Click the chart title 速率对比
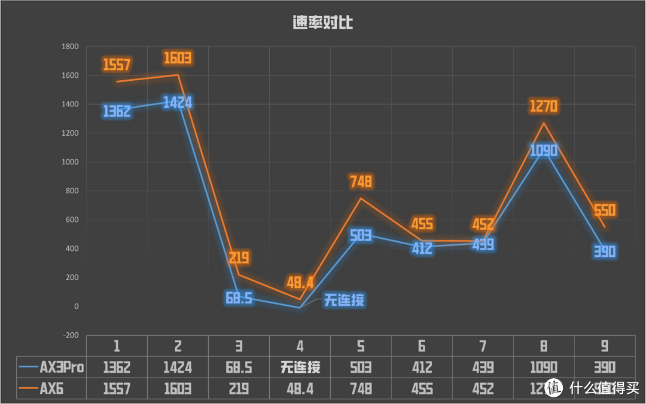pos(322,23)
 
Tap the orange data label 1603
pos(178,58)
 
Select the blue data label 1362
pos(117,111)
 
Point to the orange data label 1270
pos(544,107)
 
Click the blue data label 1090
pos(544,150)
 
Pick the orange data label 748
pos(360,181)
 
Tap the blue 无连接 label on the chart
pos(344,300)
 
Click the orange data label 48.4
pos(299,282)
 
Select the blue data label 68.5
pos(238,297)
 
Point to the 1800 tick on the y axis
pos(71,47)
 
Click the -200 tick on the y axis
pos(71,335)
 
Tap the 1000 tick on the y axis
pos(71,162)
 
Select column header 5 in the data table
pos(361,346)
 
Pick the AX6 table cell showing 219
pos(239,389)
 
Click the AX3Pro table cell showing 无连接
pos(300,367)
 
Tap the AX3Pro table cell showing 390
pos(604,367)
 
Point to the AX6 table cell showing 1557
pos(117,389)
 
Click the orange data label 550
pos(605,210)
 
